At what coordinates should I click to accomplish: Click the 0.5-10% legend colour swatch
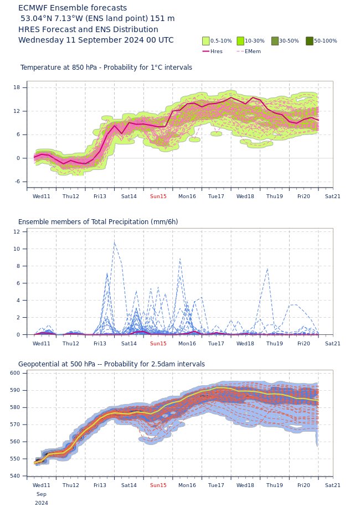point(206,41)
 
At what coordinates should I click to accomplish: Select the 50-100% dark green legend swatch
point(309,41)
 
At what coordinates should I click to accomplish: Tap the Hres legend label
point(217,51)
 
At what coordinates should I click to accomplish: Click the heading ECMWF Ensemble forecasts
point(73,8)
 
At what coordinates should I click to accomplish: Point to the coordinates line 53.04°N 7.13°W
point(97,19)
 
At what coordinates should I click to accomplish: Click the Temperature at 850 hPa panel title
point(106,68)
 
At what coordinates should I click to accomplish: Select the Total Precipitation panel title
point(98,222)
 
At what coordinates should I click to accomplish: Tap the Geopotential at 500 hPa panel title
point(111,364)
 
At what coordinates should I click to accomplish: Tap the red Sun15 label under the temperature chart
point(158,196)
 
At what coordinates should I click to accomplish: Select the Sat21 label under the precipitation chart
point(332,344)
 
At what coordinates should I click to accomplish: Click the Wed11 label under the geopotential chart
point(42,485)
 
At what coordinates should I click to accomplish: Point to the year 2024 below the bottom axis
point(42,503)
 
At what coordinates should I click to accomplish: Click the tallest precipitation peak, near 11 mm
point(114,241)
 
